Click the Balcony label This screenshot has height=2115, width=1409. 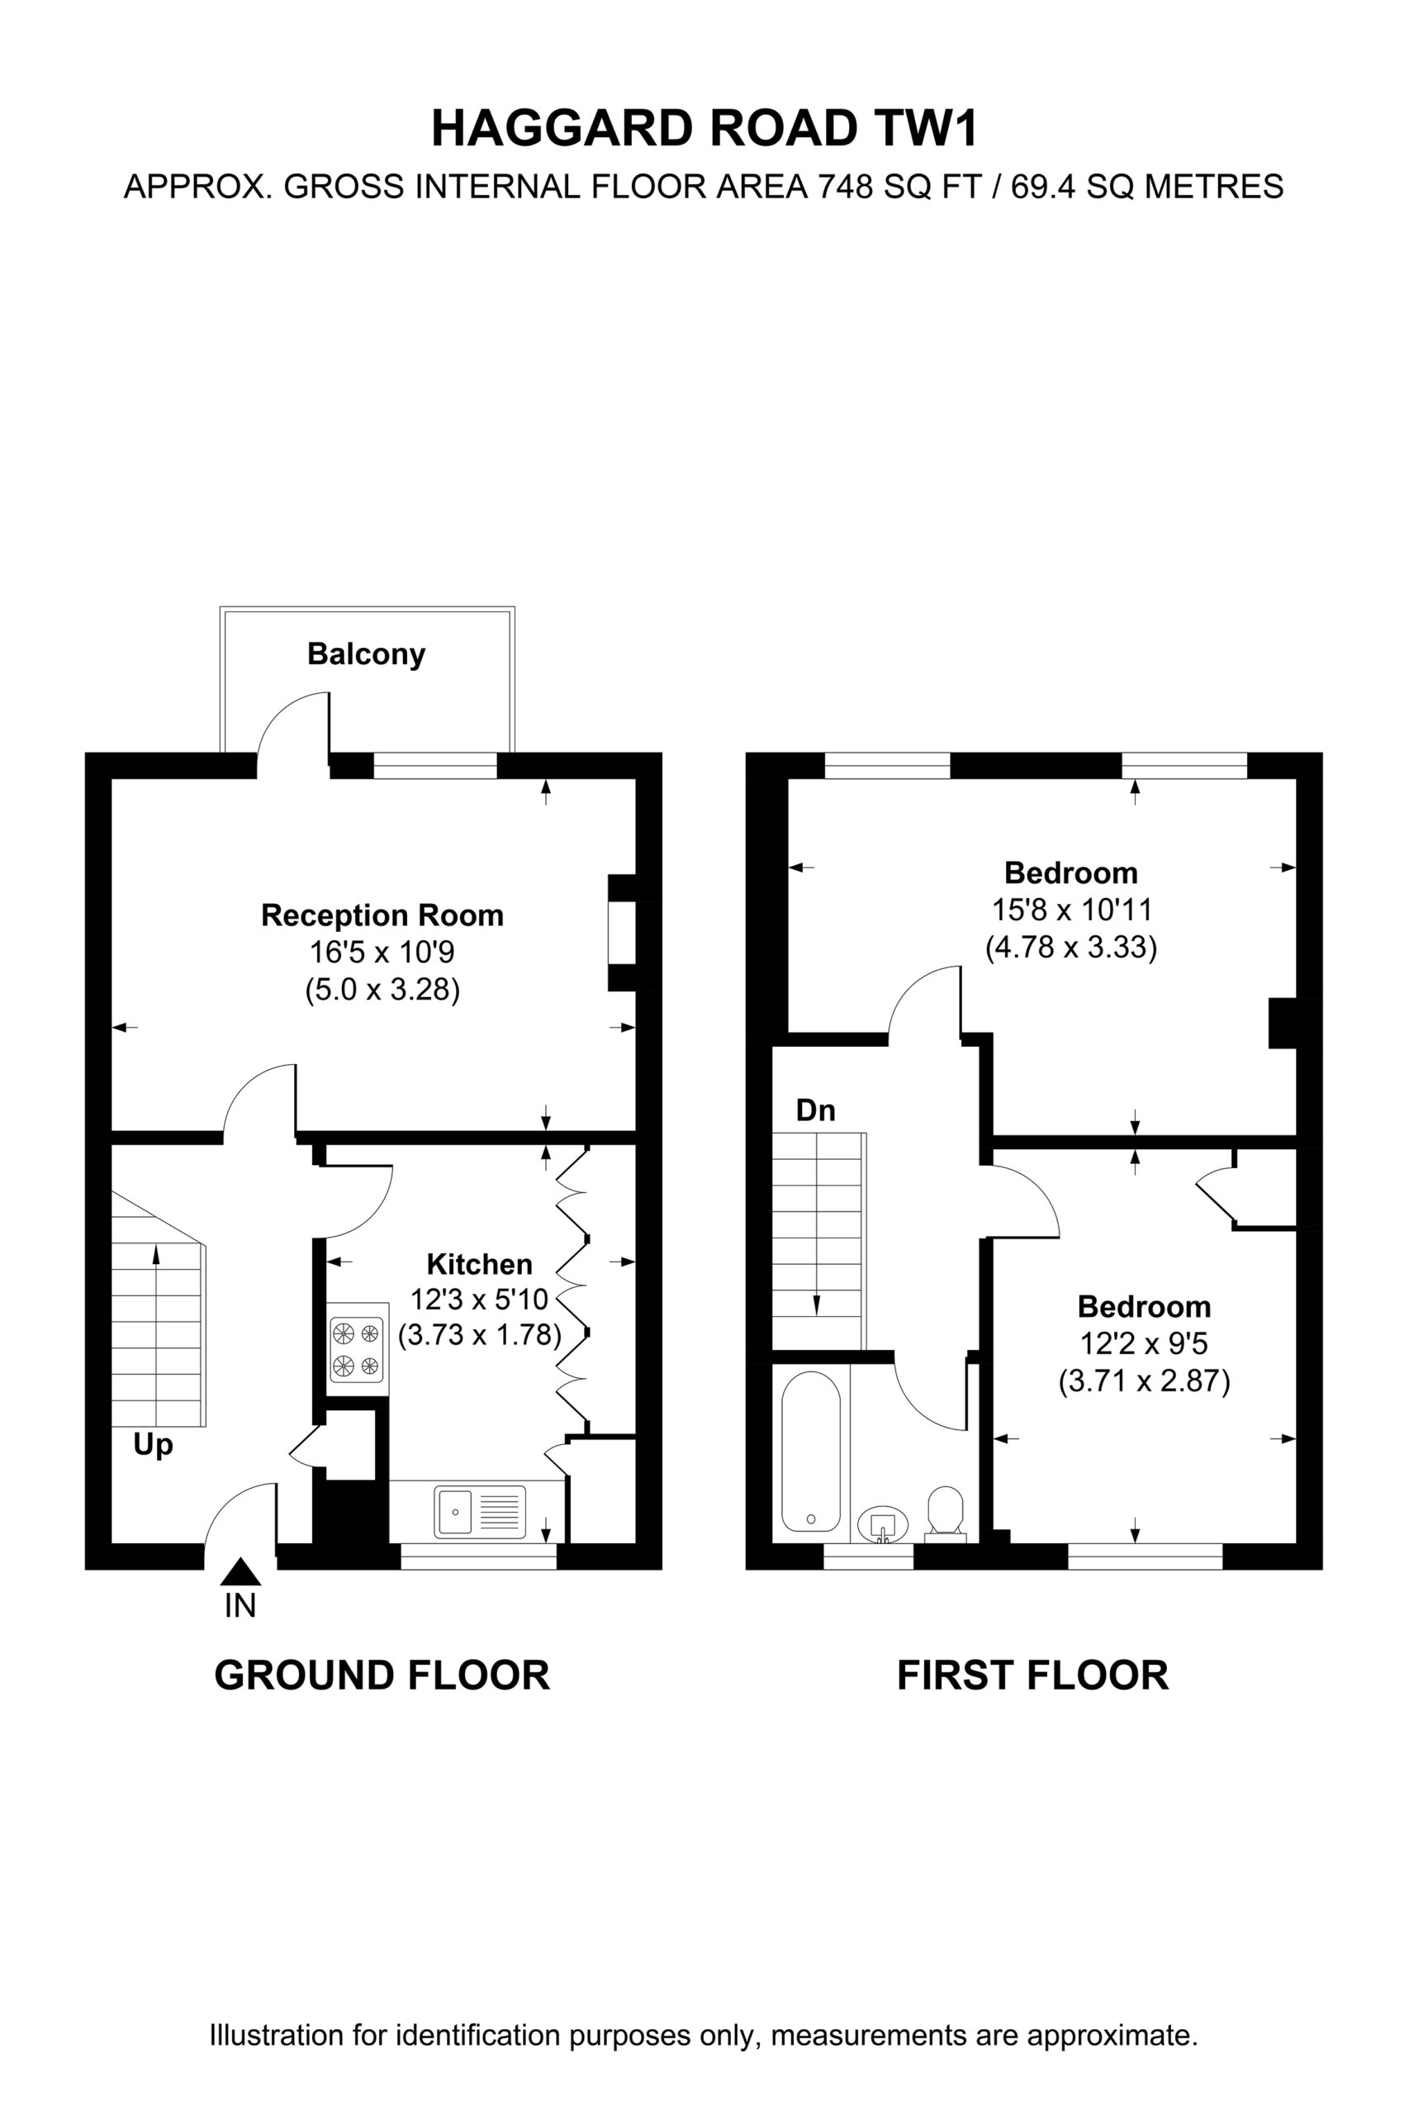pyautogui.click(x=366, y=654)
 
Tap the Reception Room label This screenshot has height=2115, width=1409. pyautogui.click(x=382, y=915)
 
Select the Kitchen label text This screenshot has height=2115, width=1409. pyautogui.click(x=479, y=1264)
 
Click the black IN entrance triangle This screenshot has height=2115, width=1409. pyautogui.click(x=240, y=1571)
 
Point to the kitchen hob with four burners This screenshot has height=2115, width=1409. pyautogui.click(x=357, y=1348)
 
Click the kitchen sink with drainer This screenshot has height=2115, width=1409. pyautogui.click(x=481, y=1511)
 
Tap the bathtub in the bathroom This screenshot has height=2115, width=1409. pyautogui.click(x=810, y=1451)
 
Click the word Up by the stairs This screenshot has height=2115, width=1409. pyautogui.click(x=153, y=1445)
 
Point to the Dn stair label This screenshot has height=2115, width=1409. pyautogui.click(x=815, y=1111)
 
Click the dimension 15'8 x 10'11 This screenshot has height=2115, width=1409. pyautogui.click(x=1071, y=910)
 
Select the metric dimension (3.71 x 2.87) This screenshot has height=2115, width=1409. pyautogui.click(x=1144, y=1381)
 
